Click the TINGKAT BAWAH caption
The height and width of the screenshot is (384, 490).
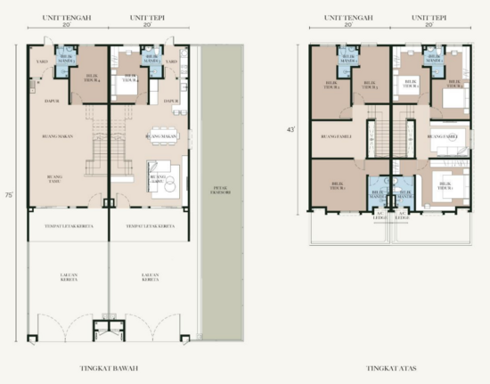[x=109, y=367]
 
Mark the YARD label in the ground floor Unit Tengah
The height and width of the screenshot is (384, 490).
[x=42, y=61]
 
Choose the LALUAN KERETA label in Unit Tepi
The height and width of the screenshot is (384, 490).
[x=150, y=278]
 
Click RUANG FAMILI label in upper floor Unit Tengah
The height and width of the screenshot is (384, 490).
[x=331, y=136]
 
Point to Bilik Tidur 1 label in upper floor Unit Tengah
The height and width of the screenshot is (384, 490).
[x=337, y=188]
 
